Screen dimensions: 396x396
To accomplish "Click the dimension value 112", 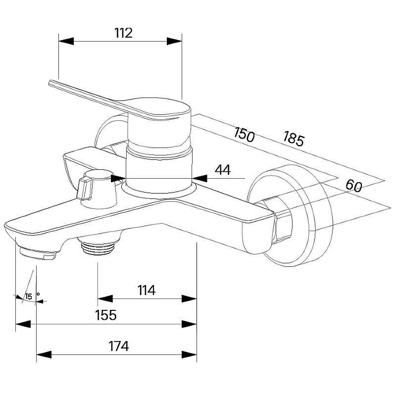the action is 123,33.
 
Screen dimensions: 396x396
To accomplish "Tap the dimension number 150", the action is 244,135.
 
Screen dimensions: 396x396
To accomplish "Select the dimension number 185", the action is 293,139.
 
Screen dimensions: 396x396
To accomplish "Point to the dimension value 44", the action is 223,170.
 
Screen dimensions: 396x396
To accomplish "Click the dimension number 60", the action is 354,186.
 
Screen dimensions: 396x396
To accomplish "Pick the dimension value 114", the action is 147,290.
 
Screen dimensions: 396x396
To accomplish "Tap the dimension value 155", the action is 106,315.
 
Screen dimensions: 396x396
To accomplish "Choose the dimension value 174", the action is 119,346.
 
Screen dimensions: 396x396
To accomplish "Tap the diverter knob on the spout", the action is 97,188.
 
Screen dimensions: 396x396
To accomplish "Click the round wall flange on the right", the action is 291,216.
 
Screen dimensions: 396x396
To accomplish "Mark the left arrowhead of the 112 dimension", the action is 66,41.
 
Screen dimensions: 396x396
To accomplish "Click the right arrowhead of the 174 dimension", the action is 189,354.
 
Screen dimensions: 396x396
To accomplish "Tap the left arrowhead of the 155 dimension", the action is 23,324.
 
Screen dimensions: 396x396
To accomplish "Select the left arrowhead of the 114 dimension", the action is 105,299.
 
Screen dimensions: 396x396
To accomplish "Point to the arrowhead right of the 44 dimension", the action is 199,178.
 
